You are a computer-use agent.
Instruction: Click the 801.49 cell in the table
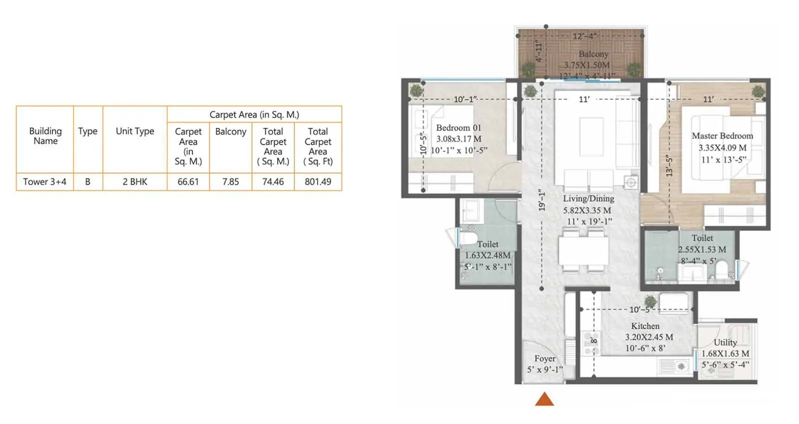tap(318, 182)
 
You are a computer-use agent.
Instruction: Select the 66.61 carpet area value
tap(188, 182)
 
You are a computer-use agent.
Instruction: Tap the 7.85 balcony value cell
tap(230, 182)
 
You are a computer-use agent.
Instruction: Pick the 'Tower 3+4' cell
tap(44, 182)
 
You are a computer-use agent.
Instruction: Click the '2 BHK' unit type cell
tap(135, 182)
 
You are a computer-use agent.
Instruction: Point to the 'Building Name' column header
tap(45, 136)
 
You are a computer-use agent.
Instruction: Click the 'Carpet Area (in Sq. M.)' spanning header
tap(254, 114)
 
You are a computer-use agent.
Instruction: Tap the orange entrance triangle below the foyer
tap(544, 399)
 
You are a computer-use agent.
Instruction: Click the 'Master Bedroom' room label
tap(722, 136)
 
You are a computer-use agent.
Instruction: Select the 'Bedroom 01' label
tap(458, 128)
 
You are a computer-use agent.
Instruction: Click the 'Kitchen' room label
tap(645, 326)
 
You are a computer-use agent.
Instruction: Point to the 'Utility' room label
tap(725, 342)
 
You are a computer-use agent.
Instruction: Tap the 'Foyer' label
tap(544, 359)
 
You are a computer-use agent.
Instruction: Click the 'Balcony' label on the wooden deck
tap(593, 54)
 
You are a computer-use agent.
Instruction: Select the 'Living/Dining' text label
tap(588, 198)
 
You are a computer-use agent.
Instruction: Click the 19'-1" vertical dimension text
tap(542, 200)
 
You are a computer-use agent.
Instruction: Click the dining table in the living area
tap(583, 250)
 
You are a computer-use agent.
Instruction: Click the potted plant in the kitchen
tap(650, 301)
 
